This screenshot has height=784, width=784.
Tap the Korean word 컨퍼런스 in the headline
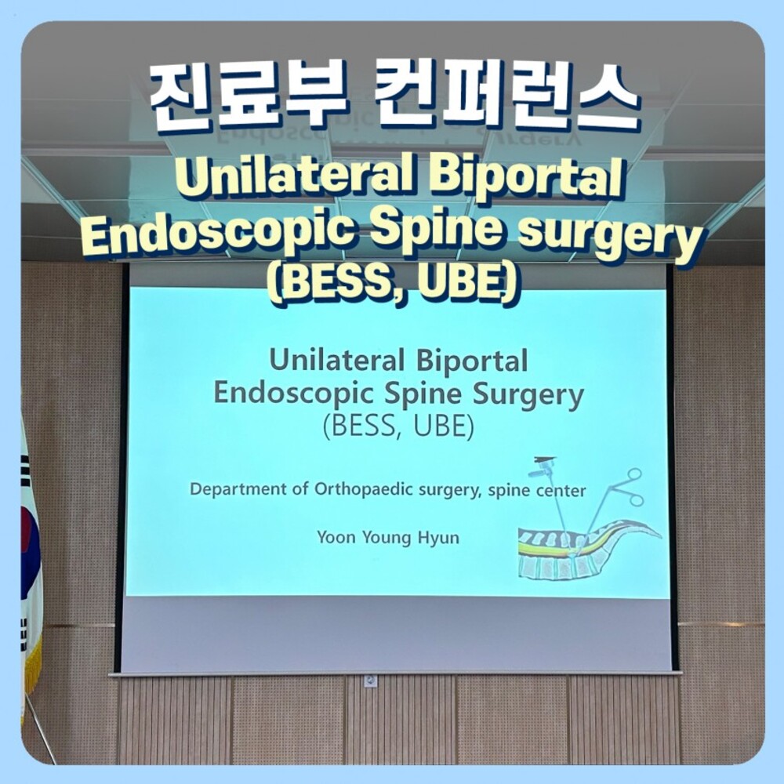(506, 97)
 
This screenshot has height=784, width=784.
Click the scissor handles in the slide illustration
(631, 486)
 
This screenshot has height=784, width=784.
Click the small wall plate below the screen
(371, 681)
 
